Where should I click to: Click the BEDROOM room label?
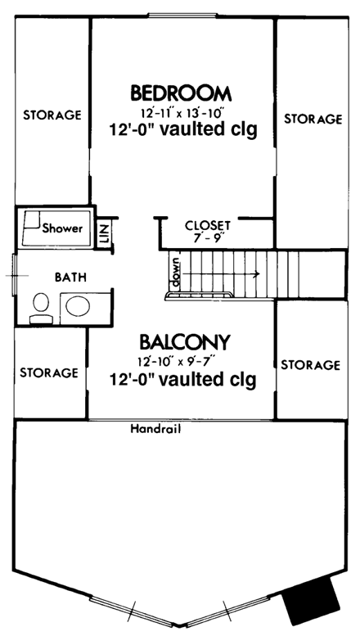(181, 91)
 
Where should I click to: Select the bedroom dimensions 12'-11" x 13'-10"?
(181, 111)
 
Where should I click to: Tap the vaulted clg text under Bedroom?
(182, 129)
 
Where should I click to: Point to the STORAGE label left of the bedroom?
(52, 115)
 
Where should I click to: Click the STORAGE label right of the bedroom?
(313, 119)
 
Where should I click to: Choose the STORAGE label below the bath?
(49, 372)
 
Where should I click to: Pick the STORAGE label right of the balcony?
(310, 364)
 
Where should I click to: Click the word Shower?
(63, 228)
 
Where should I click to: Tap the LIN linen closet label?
(105, 232)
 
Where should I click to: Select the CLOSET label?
(208, 225)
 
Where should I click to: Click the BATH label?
(70, 277)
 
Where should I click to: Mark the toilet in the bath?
(39, 307)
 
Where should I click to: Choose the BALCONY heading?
(183, 341)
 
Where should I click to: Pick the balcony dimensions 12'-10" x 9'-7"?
(182, 361)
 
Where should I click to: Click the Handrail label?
(155, 428)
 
